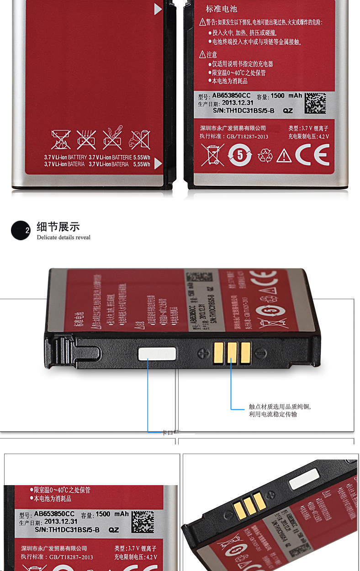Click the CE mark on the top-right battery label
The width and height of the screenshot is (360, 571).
pos(312,155)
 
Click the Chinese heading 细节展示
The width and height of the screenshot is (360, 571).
pos(58,227)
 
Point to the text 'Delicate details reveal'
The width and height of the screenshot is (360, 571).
pos(64,238)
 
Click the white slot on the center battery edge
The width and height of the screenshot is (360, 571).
pos(157,353)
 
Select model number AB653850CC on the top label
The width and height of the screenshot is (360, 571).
pos(231,96)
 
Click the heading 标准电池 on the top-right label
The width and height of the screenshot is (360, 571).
pos(222,9)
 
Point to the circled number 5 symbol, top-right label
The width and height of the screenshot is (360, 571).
pos(240,156)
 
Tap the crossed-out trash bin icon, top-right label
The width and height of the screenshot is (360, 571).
pos(212,155)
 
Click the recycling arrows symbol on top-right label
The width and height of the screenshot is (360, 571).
pos(265,156)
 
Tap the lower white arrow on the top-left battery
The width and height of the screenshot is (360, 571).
pos(158,163)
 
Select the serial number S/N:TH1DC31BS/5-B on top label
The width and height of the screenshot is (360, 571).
pos(244,111)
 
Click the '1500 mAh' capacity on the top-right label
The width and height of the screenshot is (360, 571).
pos(286,96)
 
